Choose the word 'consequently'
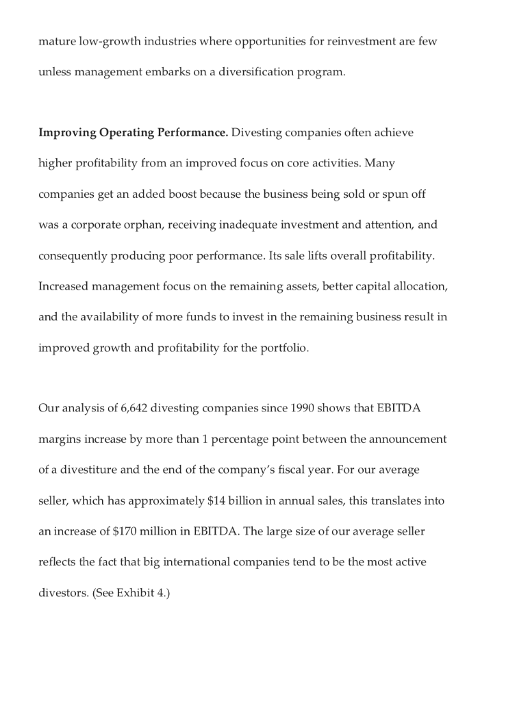[x=73, y=255]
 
